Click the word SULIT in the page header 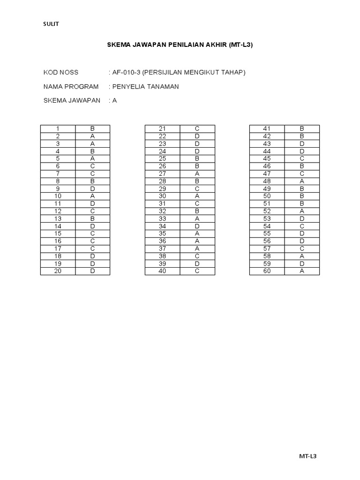[x=51, y=24]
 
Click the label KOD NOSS [x=61, y=72]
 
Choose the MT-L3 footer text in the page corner [x=308, y=456]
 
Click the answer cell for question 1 [x=93, y=128]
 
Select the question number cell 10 [x=58, y=196]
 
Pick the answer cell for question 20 [x=93, y=271]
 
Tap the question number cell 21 [x=163, y=128]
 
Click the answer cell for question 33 [x=197, y=218]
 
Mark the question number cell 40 [x=163, y=271]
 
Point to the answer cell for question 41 [x=302, y=128]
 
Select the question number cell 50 [x=267, y=196]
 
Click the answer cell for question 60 [x=302, y=271]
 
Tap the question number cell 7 [x=58, y=173]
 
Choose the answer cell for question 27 [x=197, y=173]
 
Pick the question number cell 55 [x=267, y=233]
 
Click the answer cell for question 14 [x=93, y=226]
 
